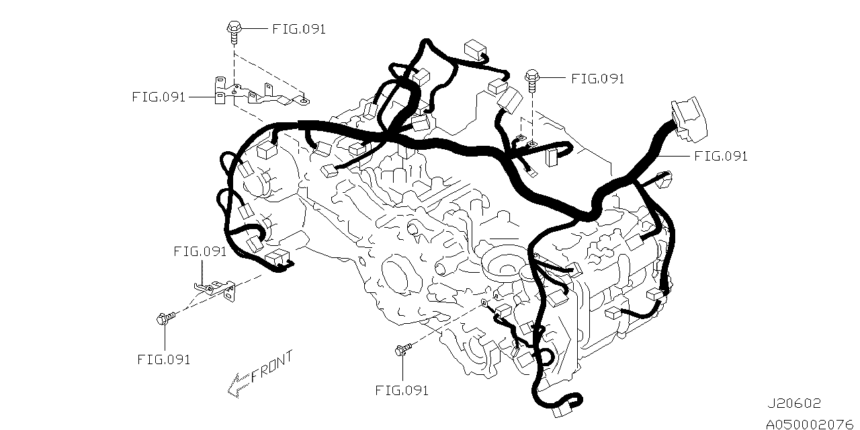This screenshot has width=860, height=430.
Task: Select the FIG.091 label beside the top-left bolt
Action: [x=299, y=30]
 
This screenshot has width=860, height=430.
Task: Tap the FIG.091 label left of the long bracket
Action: [x=159, y=97]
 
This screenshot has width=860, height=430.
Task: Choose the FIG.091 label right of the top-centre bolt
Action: [x=597, y=79]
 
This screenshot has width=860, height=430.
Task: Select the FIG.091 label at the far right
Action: [x=721, y=157]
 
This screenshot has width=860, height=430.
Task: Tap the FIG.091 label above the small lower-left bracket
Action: [x=200, y=252]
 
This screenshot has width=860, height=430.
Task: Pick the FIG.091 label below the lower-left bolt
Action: [x=163, y=359]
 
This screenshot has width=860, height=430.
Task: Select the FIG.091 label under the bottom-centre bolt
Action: [x=402, y=390]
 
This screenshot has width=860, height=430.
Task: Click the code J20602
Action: [x=795, y=403]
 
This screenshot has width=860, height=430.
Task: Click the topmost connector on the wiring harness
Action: [x=475, y=49]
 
